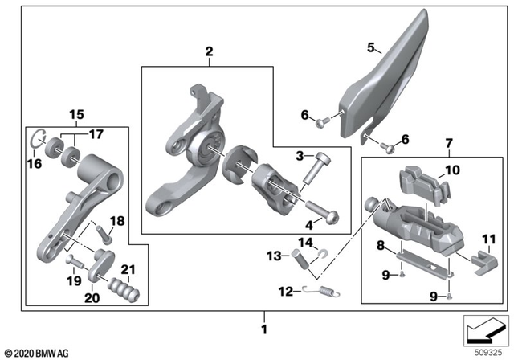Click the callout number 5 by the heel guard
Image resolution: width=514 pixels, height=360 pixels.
click(x=370, y=48)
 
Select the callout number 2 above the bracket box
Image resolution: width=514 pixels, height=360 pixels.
click(x=208, y=53)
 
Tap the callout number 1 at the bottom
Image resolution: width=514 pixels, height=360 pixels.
click(x=265, y=329)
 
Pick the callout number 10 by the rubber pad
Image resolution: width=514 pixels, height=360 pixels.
click(x=452, y=170)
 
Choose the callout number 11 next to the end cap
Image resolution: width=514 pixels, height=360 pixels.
click(x=488, y=238)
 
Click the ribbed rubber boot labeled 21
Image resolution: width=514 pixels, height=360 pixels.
click(x=121, y=288)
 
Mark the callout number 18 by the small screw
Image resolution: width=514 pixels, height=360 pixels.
click(x=116, y=220)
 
